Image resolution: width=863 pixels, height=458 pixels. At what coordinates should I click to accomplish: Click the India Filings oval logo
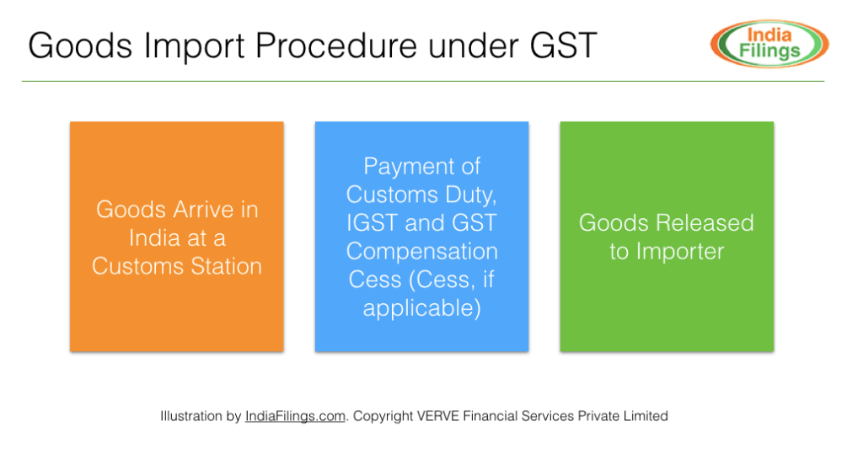point(769,44)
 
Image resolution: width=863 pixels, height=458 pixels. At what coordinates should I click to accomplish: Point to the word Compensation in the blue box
point(421,252)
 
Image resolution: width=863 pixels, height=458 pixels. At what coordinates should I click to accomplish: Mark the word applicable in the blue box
point(421,308)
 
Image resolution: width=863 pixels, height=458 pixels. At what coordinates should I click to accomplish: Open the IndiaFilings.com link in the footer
point(295,416)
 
